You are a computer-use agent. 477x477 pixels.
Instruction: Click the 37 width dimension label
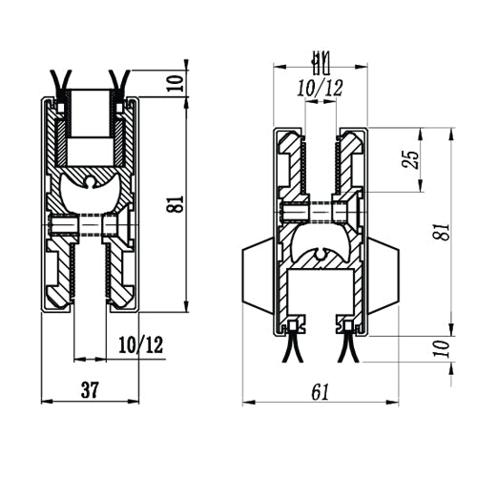coord(91,389)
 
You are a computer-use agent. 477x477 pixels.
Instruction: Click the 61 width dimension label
coord(321,392)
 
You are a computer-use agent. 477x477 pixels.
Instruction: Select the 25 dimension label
coord(410,159)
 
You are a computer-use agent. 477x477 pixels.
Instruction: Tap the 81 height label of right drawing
coord(443,231)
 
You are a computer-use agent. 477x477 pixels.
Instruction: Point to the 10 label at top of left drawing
coord(176,83)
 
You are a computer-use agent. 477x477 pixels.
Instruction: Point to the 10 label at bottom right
coord(443,349)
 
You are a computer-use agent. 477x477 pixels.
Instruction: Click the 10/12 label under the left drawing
coord(141,344)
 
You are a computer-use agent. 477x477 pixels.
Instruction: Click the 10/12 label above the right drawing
coord(321,88)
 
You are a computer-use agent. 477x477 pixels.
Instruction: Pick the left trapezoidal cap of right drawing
coord(258,276)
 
